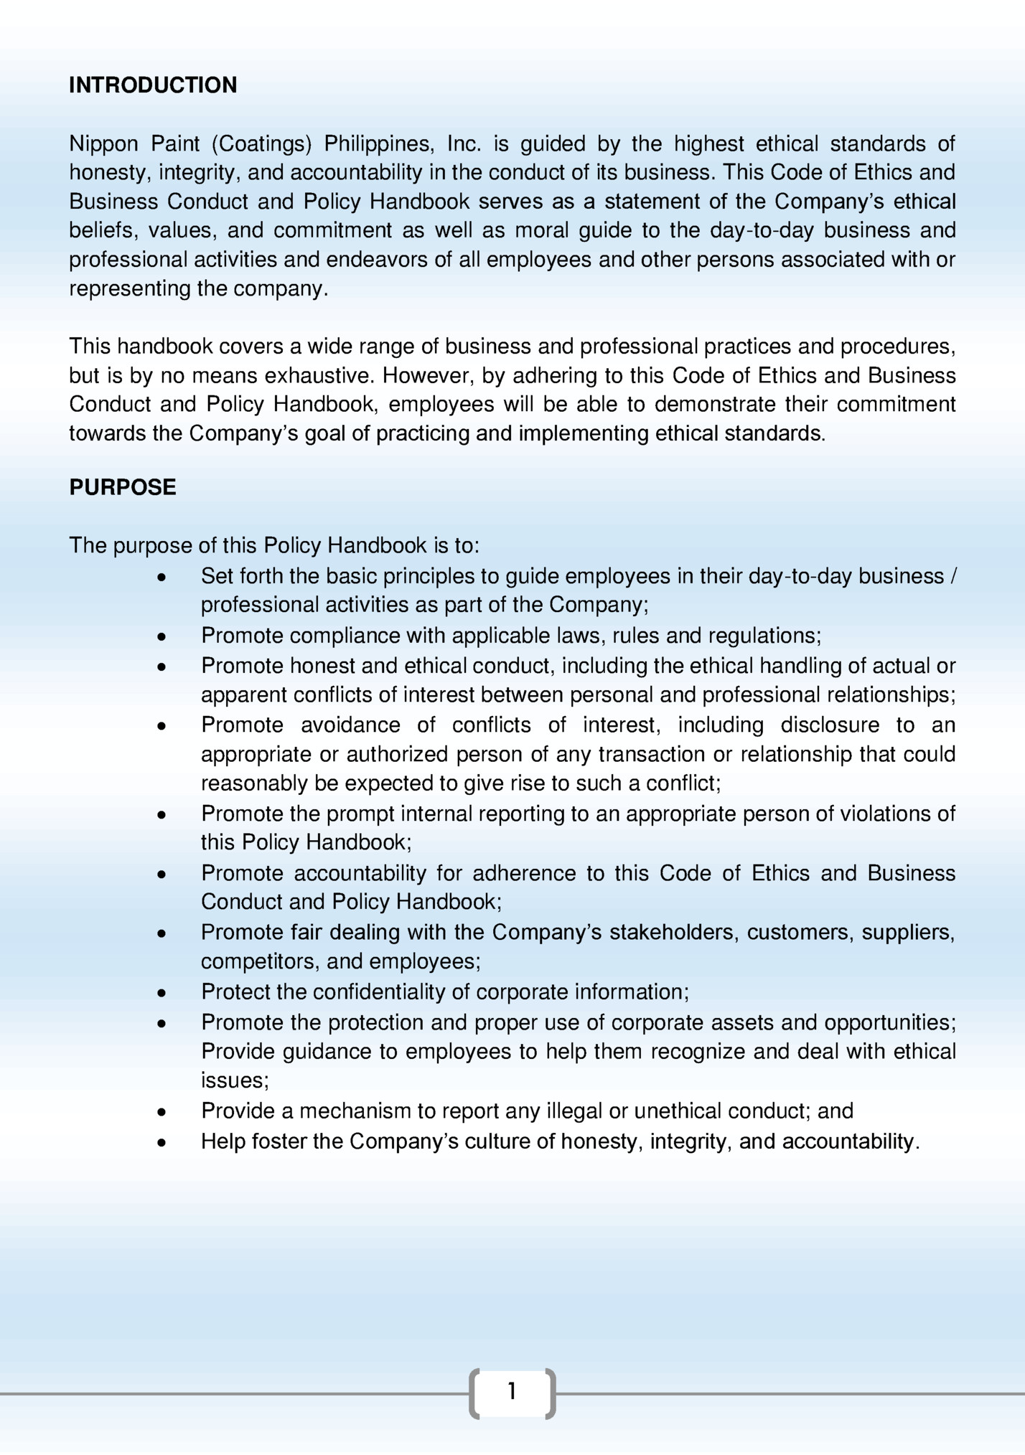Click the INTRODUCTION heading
152,85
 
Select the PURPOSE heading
122,487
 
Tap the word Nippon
103,144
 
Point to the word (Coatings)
261,144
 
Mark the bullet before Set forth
162,577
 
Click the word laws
576,636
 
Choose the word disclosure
830,725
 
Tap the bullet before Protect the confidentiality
162,993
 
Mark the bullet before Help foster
162,1142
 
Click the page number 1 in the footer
512,1392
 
